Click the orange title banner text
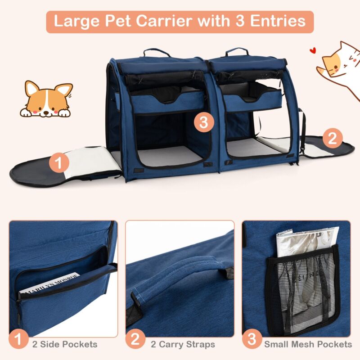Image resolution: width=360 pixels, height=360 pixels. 180,21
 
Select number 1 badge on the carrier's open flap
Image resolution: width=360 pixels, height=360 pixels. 59,162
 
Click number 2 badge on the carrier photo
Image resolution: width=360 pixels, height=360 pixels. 332,138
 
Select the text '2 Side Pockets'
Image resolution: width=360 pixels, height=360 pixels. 64,344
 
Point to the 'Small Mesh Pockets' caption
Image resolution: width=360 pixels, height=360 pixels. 308,344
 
